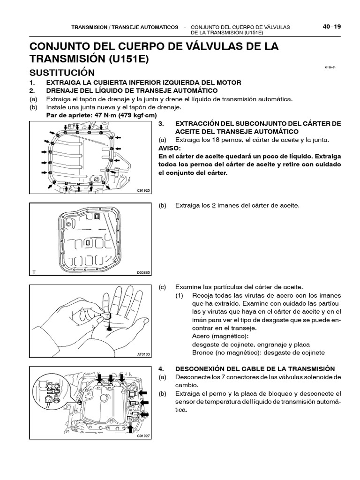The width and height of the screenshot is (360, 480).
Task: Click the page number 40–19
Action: (x=331, y=27)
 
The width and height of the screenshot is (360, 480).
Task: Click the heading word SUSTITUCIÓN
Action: (x=62, y=73)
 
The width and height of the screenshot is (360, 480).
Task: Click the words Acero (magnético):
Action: (x=217, y=337)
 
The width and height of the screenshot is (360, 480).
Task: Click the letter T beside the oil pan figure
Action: (x=34, y=272)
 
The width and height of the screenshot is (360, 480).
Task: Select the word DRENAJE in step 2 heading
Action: (x=63, y=90)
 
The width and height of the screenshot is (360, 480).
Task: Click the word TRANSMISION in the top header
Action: (x=88, y=27)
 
